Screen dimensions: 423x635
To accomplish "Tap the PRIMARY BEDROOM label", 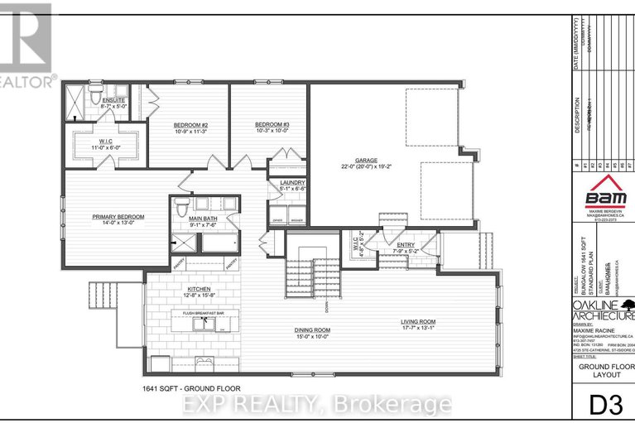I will tap(118, 216).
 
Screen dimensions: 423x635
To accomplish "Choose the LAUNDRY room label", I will tap(293, 181).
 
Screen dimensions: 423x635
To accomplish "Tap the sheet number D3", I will tap(604, 406).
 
